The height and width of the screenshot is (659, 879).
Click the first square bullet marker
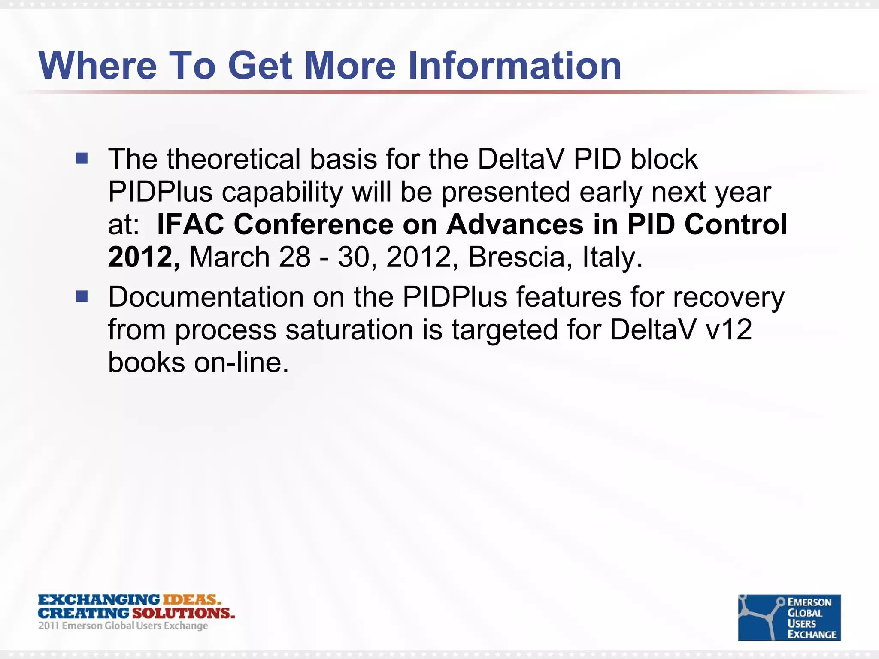[x=82, y=159]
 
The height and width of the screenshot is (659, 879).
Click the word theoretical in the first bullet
[x=233, y=159]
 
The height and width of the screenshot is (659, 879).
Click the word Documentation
[x=206, y=297]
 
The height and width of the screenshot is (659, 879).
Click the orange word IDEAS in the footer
[x=191, y=599]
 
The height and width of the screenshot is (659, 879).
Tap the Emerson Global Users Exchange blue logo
[x=789, y=617]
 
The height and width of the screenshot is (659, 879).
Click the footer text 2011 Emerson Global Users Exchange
[x=123, y=626]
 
